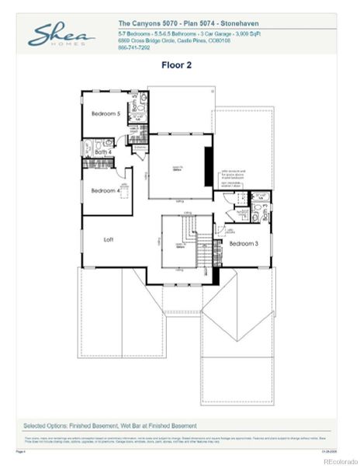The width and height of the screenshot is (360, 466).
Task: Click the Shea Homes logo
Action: (62, 36)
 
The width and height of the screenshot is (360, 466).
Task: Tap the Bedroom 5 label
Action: (106, 113)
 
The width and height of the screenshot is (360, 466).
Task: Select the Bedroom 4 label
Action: (105, 190)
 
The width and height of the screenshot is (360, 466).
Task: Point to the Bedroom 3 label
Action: (243, 244)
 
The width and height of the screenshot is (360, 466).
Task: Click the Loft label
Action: (109, 240)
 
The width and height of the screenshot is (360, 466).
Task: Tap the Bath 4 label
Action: (104, 152)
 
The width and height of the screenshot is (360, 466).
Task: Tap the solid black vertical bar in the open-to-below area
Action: (208, 165)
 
